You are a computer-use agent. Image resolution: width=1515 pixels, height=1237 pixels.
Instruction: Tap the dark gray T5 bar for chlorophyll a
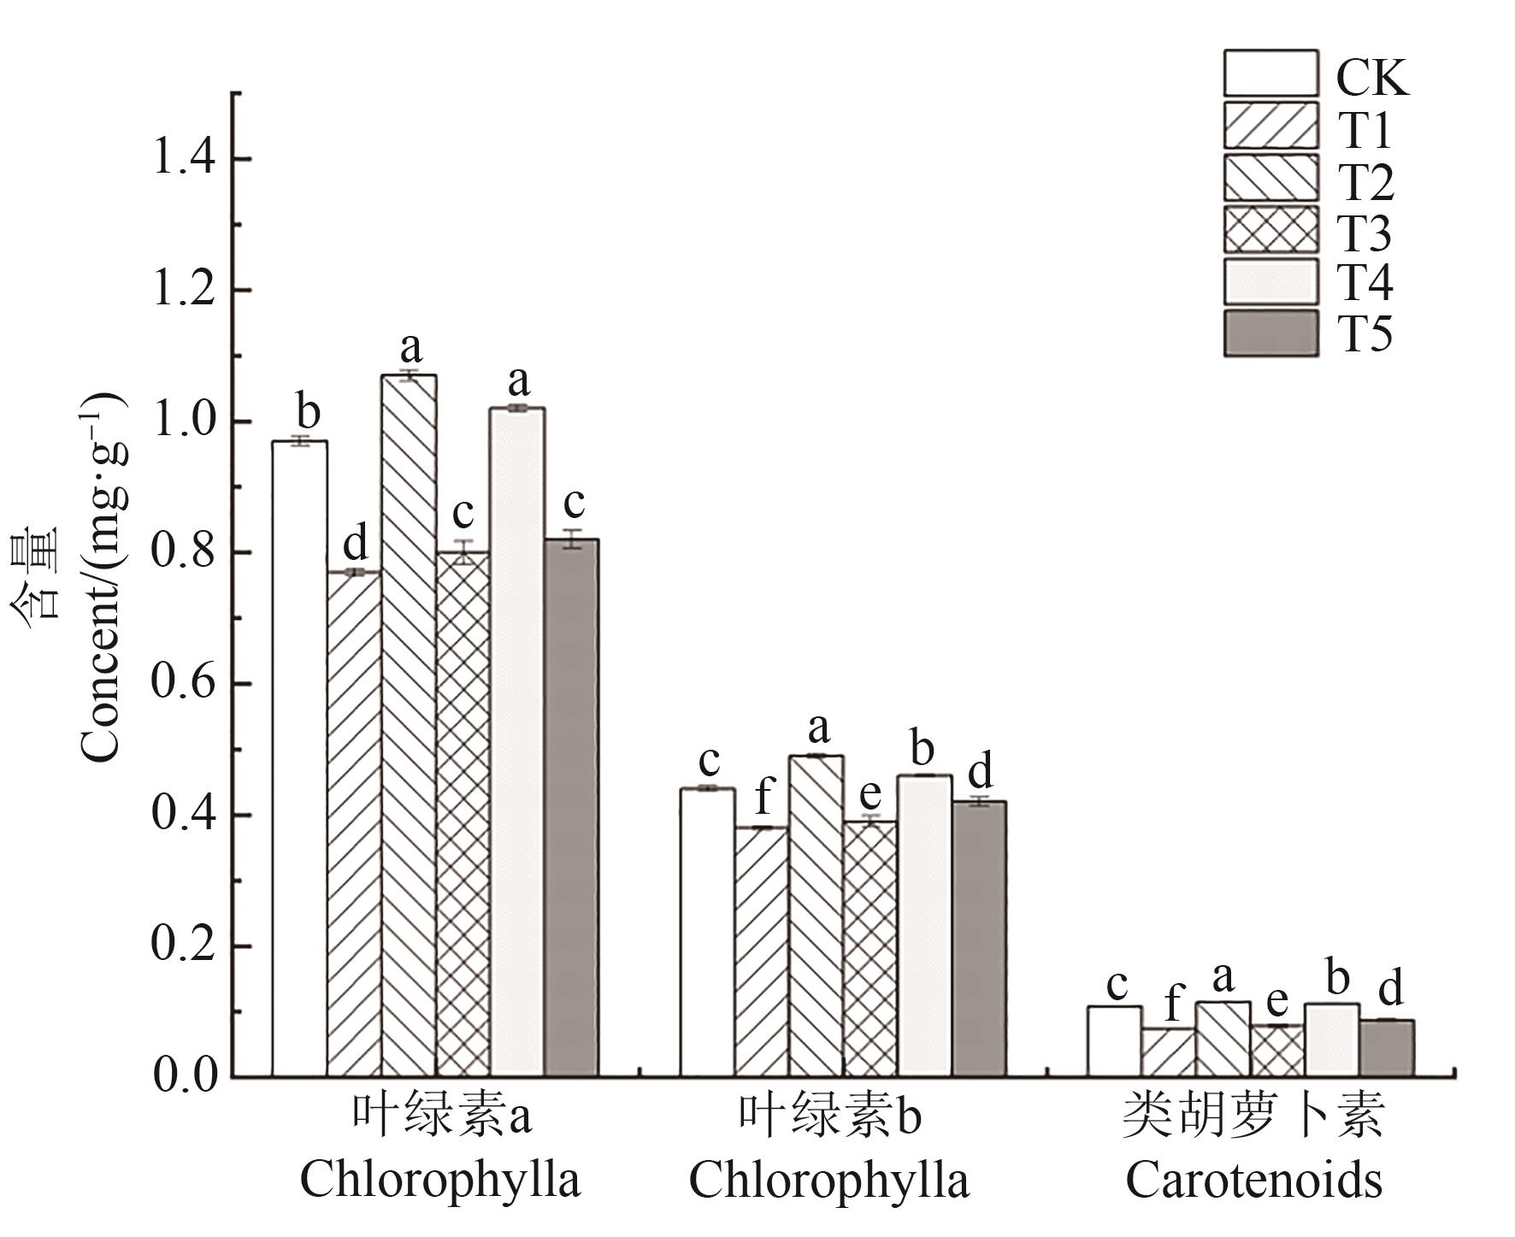click(x=571, y=807)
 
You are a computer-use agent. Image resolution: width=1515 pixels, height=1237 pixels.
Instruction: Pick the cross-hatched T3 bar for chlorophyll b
click(x=870, y=948)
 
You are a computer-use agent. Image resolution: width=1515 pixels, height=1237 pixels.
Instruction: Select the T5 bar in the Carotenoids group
click(x=1386, y=1047)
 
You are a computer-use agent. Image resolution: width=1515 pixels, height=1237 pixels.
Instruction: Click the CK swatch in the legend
click(x=1270, y=74)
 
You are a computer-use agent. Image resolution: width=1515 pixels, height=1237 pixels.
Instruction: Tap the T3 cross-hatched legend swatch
click(x=1270, y=229)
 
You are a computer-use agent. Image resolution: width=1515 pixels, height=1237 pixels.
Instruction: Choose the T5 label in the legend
click(x=1365, y=334)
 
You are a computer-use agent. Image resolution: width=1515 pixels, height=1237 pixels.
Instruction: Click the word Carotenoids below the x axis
click(x=1253, y=1181)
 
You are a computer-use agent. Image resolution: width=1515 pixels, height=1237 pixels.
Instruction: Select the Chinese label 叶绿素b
click(x=830, y=1117)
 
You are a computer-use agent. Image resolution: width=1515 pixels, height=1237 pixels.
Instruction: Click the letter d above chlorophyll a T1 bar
click(x=354, y=544)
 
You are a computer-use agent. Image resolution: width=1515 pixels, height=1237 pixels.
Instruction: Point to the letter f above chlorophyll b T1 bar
click(x=763, y=798)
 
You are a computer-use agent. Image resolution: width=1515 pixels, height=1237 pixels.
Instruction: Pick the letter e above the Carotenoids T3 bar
click(x=1276, y=1001)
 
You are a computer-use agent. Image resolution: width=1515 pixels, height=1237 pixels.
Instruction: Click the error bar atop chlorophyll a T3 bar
click(x=463, y=552)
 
